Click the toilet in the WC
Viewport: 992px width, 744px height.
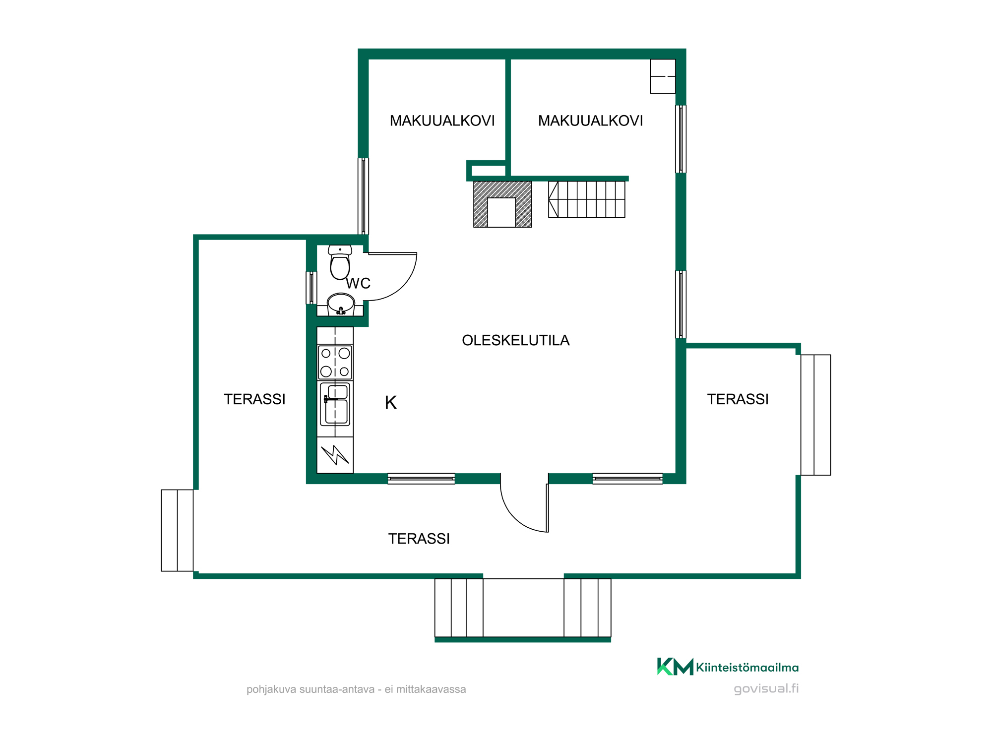(340, 262)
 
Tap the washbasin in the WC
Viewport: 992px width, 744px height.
(341, 304)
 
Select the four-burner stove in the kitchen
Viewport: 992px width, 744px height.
(335, 362)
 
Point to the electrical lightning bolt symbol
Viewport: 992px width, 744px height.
(335, 454)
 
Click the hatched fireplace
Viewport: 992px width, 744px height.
(502, 204)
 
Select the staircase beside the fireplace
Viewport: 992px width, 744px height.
(586, 199)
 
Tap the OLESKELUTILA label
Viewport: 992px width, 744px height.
(516, 340)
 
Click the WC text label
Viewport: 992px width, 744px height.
(358, 283)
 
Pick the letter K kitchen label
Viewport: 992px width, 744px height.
(391, 403)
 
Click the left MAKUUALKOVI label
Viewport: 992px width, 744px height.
(442, 121)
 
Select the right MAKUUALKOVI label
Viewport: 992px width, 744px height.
(590, 121)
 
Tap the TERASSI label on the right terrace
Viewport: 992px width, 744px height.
(738, 399)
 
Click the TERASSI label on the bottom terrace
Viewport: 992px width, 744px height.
(419, 539)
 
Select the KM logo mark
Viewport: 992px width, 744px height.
(675, 667)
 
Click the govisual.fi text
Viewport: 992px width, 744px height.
(766, 688)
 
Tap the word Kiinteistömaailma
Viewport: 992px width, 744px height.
(747, 668)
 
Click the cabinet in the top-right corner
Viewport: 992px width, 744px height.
(663, 76)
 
